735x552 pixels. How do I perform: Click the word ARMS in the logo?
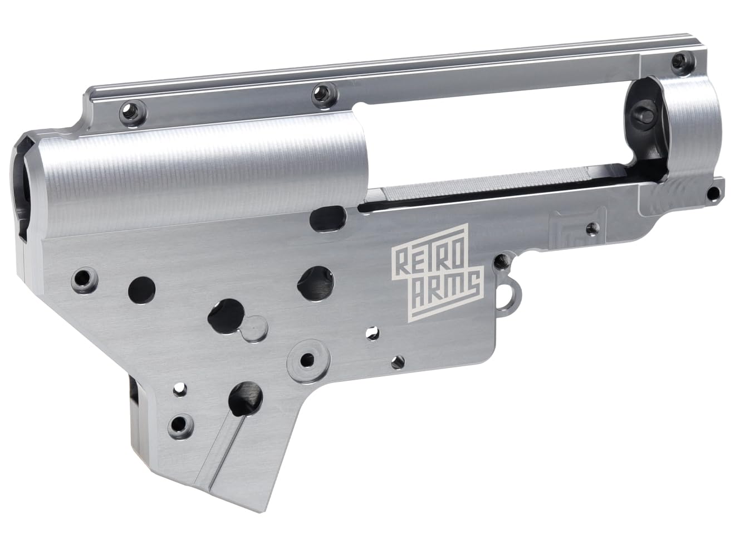[x=444, y=287]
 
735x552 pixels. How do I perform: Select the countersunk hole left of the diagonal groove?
[x=179, y=424]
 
